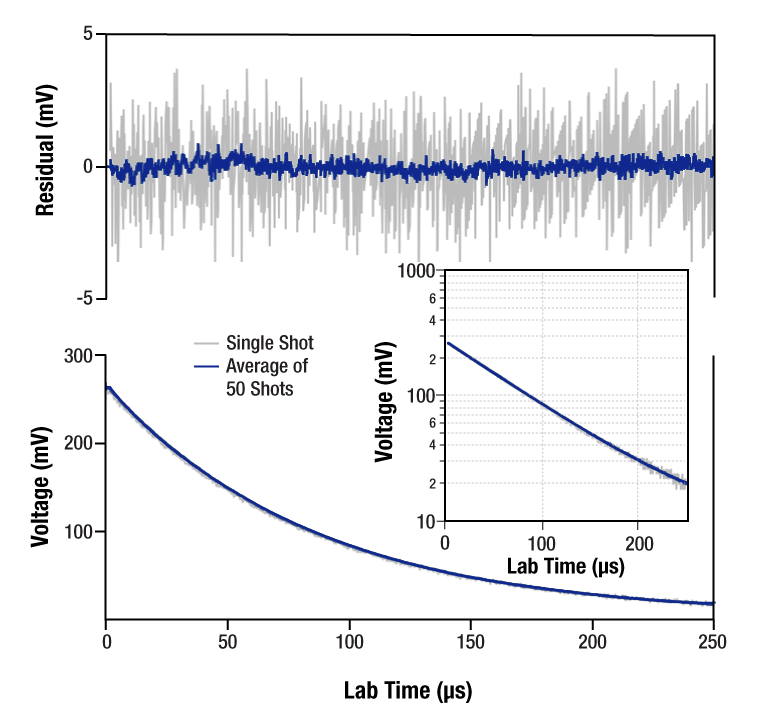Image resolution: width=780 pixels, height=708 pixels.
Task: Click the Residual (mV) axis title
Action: [x=45, y=166]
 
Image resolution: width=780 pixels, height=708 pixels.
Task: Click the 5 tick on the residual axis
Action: [x=87, y=34]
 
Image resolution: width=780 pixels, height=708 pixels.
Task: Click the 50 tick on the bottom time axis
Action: [x=228, y=639]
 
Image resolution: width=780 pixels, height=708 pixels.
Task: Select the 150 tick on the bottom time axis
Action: [x=471, y=639]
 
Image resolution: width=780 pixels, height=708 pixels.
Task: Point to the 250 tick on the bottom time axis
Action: [x=713, y=639]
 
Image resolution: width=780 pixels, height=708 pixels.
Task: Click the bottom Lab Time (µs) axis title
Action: [x=408, y=690]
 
